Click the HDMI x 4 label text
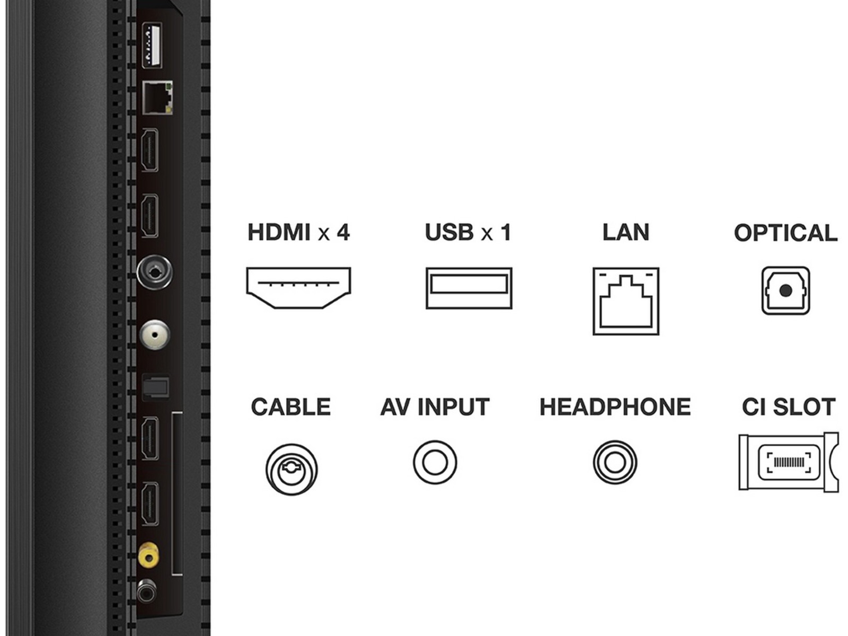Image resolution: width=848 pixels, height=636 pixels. coord(298,233)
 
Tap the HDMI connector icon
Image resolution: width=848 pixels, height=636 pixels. coord(298,288)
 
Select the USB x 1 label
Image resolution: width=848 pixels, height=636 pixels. coord(468,233)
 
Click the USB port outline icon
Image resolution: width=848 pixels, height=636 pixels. coord(469,288)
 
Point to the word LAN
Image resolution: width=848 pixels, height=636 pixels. coord(625,233)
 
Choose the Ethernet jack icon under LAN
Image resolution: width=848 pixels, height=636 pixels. coord(626,301)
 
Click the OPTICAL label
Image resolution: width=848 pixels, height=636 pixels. coord(785,233)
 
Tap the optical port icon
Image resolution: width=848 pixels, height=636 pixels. coord(785,290)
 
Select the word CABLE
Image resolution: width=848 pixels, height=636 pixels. coord(290,407)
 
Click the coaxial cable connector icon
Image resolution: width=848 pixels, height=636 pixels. coord(291,469)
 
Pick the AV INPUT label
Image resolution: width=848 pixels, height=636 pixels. coord(435,407)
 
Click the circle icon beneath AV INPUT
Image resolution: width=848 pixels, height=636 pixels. coord(435,462)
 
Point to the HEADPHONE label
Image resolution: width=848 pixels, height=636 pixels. coord(615,407)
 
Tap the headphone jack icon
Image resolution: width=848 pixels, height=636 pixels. coord(615,462)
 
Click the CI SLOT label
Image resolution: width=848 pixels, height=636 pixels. coord(789,407)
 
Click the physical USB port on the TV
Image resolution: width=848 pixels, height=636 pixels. coord(152,45)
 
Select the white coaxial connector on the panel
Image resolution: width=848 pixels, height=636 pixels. coord(154,335)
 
